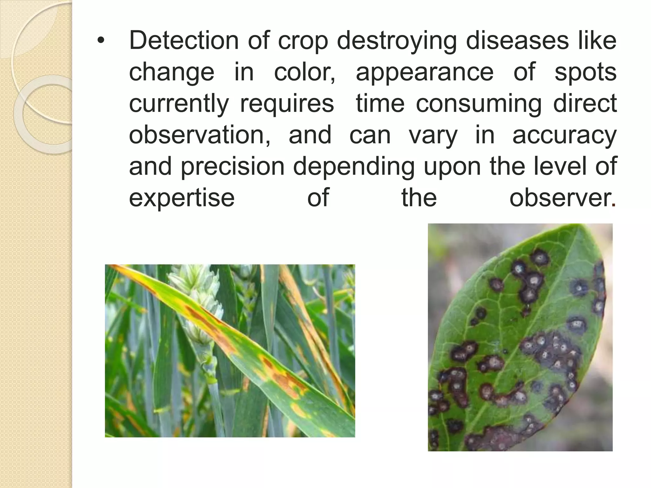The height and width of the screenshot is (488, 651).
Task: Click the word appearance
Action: [x=424, y=72]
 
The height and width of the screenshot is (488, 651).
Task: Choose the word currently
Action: [x=179, y=104]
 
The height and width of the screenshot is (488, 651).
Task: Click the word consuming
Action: [x=479, y=104]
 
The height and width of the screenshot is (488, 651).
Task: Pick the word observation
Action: [x=200, y=135]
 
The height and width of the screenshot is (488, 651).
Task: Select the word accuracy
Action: [x=565, y=135]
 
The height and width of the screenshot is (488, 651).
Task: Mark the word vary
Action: [x=433, y=135]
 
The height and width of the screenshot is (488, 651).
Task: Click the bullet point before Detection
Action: [x=101, y=41]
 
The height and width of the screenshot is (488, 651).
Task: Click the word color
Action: [x=304, y=72]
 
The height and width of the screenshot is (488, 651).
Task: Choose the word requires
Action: [x=287, y=104]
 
